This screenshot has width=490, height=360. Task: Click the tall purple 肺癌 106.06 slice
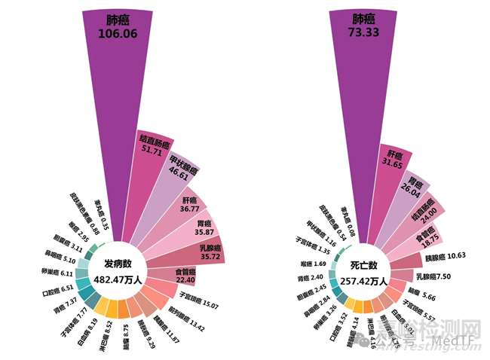pyautogui.click(x=114, y=90)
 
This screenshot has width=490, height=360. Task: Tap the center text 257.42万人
pyautogui.click(x=364, y=281)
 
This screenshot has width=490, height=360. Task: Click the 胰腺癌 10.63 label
pyautogui.click(x=439, y=258)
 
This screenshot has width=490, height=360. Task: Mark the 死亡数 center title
pyautogui.click(x=365, y=267)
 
